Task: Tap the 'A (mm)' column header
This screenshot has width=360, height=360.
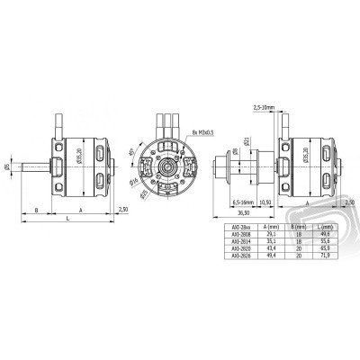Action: click(266, 227)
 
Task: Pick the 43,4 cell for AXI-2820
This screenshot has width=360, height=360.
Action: click(266, 247)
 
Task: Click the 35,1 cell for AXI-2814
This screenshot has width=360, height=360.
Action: click(266, 240)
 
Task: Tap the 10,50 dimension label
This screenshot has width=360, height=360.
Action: click(265, 203)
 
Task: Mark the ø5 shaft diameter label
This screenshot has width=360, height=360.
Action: click(7, 166)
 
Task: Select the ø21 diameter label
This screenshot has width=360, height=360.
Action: click(245, 140)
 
